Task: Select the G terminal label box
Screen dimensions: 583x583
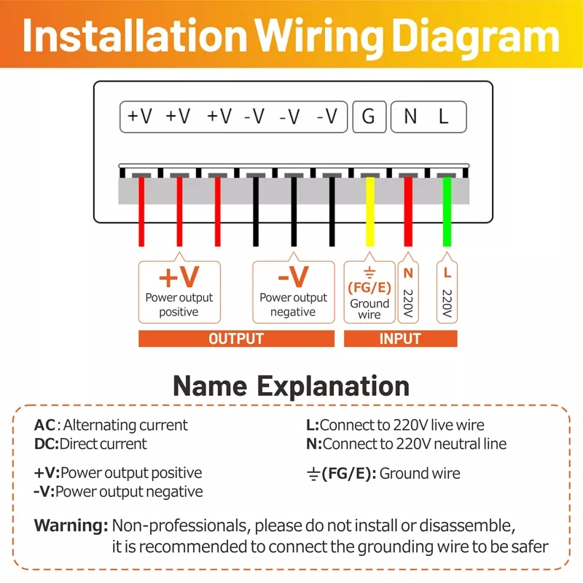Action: (x=369, y=117)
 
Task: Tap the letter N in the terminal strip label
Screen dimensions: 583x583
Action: (x=410, y=117)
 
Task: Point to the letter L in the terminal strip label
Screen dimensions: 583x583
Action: (x=443, y=117)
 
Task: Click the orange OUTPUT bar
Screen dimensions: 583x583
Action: (x=236, y=339)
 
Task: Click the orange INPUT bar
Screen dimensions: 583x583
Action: (x=400, y=339)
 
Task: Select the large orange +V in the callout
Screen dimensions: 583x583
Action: (x=179, y=278)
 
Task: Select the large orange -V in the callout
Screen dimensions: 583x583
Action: (x=293, y=278)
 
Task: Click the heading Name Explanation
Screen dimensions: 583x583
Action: (x=291, y=386)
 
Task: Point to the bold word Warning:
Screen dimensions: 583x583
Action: (x=71, y=525)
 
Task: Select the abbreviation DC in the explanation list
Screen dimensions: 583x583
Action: (x=45, y=444)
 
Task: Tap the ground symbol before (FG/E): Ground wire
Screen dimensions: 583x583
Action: (x=313, y=474)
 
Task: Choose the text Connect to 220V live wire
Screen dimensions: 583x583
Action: (x=402, y=425)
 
